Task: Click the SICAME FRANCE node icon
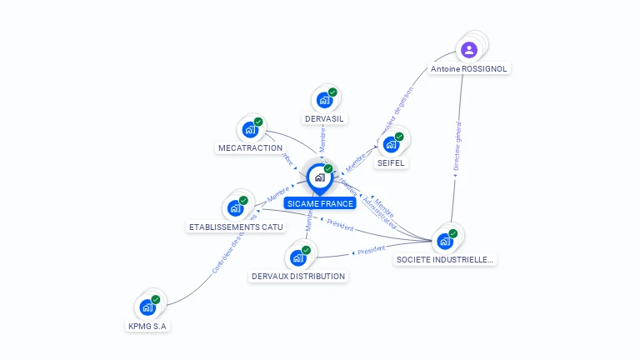click(x=319, y=177)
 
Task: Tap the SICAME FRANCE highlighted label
click(x=319, y=203)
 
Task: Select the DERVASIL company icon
click(x=324, y=100)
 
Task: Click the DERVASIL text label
click(x=324, y=119)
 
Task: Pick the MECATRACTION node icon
click(x=250, y=129)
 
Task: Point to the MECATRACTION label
click(x=250, y=148)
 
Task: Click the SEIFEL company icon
click(x=391, y=144)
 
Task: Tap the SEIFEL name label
click(x=391, y=163)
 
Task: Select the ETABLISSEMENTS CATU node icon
click(x=235, y=208)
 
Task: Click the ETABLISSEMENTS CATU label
click(x=236, y=227)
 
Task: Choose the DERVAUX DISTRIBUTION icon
click(x=297, y=257)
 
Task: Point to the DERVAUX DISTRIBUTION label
click(x=298, y=277)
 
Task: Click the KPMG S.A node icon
click(x=147, y=307)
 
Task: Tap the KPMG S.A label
click(x=148, y=327)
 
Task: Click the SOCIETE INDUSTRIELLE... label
click(x=445, y=260)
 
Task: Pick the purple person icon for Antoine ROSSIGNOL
click(x=469, y=50)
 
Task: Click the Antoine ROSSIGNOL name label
click(x=468, y=69)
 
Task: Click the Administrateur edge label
click(x=380, y=215)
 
